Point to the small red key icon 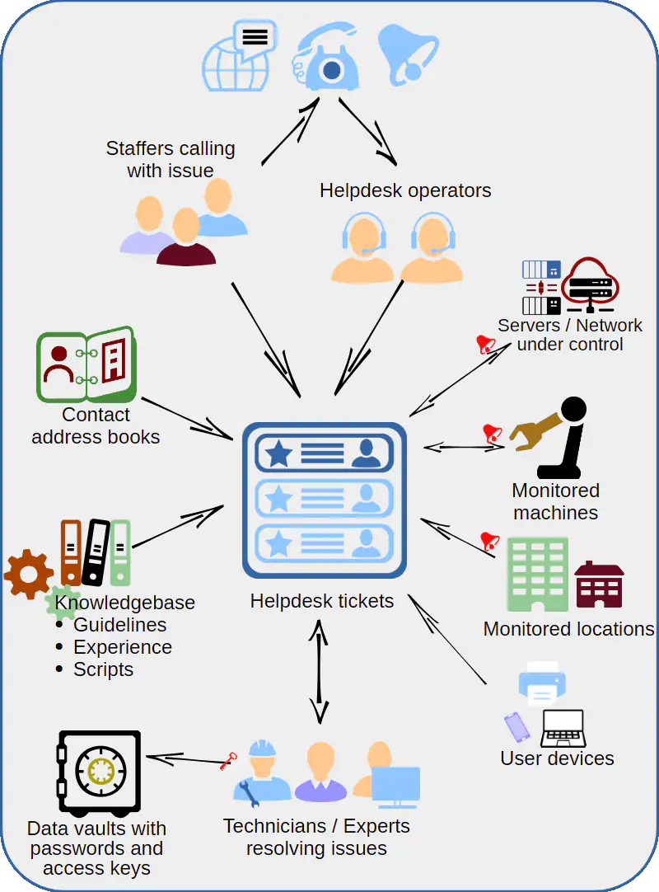coord(228,760)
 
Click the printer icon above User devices coord(541,683)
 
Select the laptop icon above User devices coord(563,729)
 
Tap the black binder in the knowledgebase coord(96,552)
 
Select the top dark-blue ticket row coord(324,453)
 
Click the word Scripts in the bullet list coord(103,669)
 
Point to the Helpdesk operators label coord(405,190)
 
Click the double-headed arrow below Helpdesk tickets coord(319,671)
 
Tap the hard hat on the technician coord(262,748)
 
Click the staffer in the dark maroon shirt coord(186,240)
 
